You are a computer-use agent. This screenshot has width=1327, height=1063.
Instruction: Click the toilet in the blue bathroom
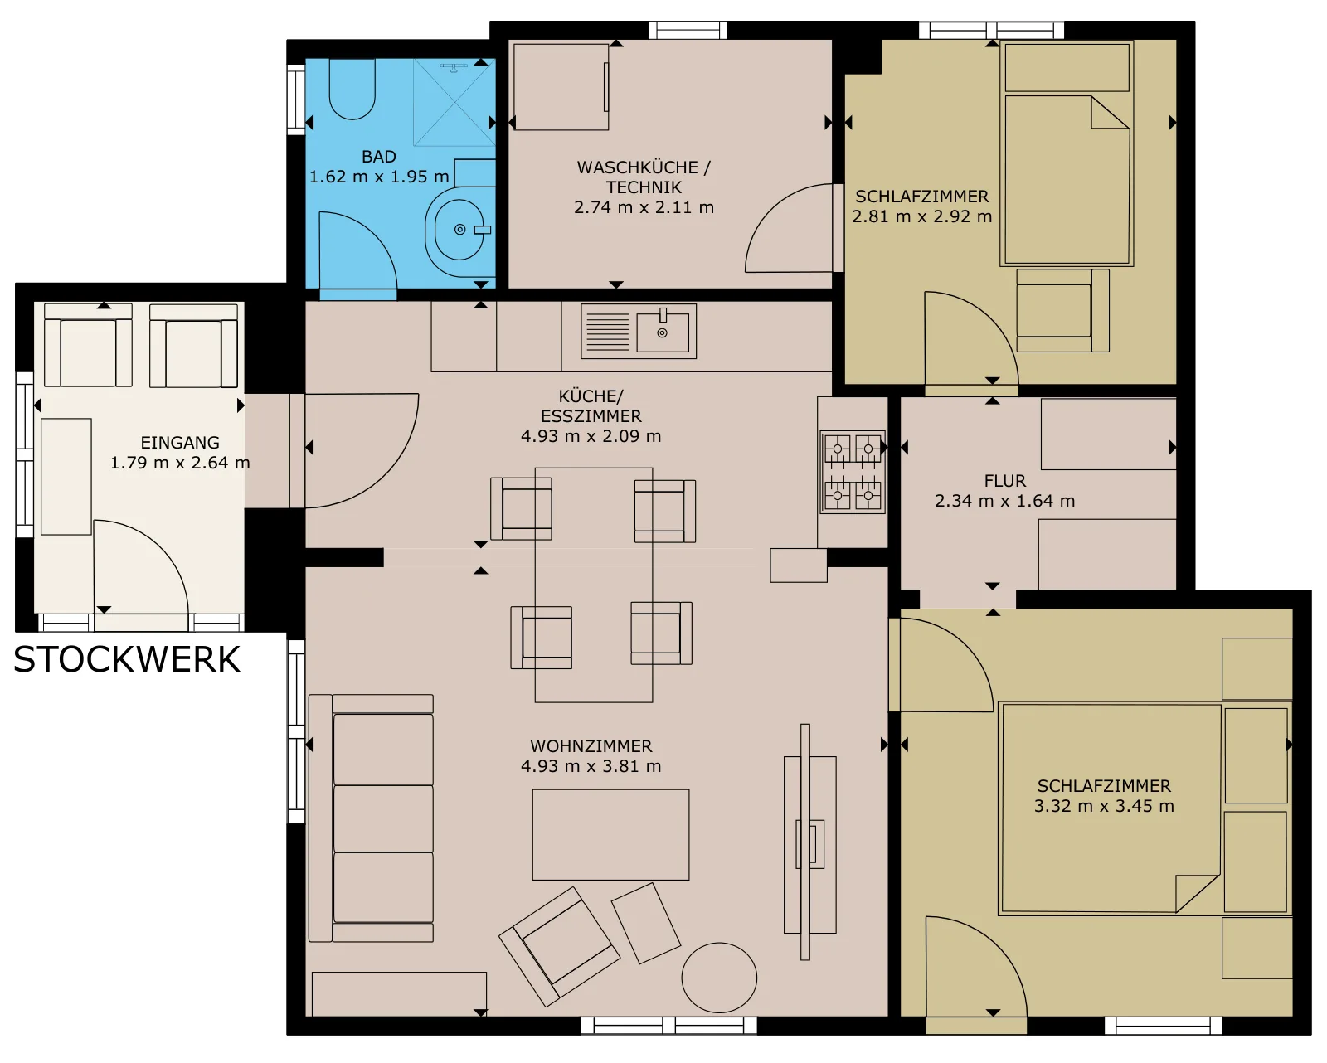[352, 89]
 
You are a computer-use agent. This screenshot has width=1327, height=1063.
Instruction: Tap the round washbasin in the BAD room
[460, 231]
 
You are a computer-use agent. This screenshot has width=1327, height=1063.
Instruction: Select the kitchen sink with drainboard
[639, 331]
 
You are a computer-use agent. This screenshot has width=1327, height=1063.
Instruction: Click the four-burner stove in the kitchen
[853, 473]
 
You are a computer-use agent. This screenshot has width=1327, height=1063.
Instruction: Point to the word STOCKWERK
[126, 660]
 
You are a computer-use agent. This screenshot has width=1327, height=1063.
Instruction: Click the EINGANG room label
[180, 443]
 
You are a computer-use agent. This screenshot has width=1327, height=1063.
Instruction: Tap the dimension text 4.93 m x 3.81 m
[591, 766]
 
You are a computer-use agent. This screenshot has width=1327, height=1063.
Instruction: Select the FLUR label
[1005, 481]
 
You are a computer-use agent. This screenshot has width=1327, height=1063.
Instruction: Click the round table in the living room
[719, 978]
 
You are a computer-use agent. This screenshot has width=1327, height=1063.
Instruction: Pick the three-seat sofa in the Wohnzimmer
[372, 818]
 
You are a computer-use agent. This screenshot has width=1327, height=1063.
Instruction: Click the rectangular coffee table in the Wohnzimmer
[610, 834]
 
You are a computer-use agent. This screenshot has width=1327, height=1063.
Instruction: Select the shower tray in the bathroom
[454, 103]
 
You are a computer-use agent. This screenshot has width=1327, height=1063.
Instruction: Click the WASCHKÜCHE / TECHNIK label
[644, 177]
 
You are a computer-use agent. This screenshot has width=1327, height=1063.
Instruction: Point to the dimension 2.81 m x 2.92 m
[922, 216]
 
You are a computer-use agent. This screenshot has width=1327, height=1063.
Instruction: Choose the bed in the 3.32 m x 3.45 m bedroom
[1111, 808]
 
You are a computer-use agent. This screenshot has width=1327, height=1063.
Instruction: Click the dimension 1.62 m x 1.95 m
[379, 177]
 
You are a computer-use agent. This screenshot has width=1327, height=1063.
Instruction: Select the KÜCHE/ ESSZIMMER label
[591, 405]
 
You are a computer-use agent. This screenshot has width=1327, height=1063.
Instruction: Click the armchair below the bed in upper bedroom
[1062, 310]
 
